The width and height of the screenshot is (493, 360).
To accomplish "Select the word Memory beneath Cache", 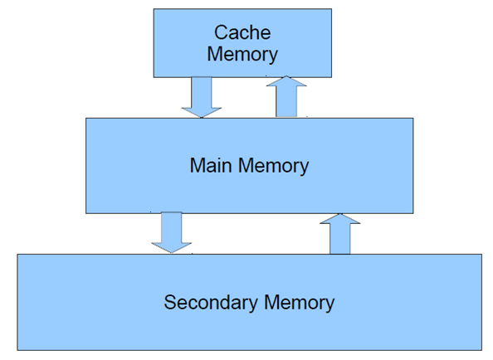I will click(242, 55).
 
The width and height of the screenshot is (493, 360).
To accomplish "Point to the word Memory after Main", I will click(273, 165).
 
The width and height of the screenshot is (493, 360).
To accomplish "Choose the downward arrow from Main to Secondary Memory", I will click(171, 232).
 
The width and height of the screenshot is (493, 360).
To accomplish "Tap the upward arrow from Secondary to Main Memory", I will click(339, 234).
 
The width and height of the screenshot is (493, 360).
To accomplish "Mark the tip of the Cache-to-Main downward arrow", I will click(201, 116).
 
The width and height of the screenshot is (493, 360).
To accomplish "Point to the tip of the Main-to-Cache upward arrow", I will click(286, 77).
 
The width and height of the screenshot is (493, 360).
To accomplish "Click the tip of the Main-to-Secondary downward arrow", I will click(171, 252).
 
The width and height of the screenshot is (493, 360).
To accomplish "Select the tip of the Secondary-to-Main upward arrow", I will click(339, 215).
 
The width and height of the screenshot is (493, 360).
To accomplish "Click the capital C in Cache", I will click(222, 33).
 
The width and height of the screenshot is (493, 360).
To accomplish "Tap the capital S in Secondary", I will click(170, 302).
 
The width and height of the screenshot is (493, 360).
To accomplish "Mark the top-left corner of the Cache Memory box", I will click(154, 9).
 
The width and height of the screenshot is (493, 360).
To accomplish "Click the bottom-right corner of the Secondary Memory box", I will click(481, 350).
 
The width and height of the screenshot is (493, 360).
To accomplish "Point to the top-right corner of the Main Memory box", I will click(413, 118).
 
